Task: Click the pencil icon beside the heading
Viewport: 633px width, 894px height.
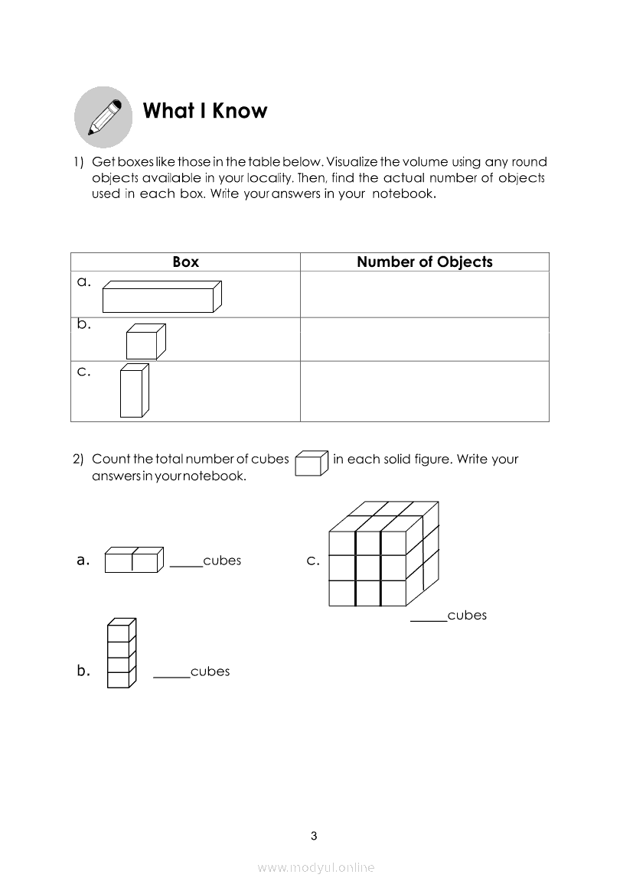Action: click(103, 116)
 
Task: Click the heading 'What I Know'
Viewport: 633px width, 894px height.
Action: click(205, 111)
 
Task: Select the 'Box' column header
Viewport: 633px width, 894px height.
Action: click(185, 262)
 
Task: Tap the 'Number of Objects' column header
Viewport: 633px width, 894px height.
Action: click(425, 262)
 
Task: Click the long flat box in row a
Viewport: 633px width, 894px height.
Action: click(162, 297)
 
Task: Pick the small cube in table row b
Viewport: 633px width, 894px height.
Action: click(145, 341)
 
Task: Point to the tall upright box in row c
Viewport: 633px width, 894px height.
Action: click(133, 391)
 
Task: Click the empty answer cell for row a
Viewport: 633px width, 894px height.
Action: click(425, 294)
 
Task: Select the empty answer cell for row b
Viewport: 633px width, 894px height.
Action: click(425, 339)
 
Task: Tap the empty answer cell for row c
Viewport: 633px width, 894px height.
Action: click(425, 391)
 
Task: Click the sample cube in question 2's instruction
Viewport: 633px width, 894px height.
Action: click(312, 463)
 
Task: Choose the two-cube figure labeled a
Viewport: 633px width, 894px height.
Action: click(133, 560)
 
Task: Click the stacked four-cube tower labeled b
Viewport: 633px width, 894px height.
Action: click(120, 652)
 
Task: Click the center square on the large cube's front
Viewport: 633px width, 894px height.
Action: click(368, 567)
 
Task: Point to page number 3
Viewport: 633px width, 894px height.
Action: click(314, 835)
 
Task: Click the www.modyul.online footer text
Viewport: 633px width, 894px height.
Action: click(316, 867)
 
